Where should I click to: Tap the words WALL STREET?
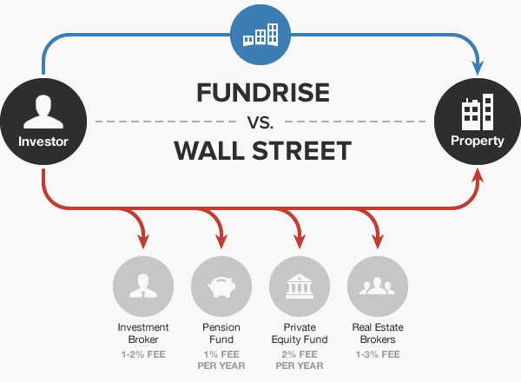[261, 151]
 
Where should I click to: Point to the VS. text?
[260, 122]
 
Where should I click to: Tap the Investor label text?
[43, 141]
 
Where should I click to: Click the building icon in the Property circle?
[477, 113]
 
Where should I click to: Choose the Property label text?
[477, 141]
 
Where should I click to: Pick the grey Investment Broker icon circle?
[142, 286]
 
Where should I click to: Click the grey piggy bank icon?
[221, 286]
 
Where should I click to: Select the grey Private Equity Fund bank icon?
[299, 286]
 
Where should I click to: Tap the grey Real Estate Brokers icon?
[378, 286]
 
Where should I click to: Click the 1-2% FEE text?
[142, 355]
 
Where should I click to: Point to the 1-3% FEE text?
[378, 355]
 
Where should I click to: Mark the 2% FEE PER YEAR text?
[299, 360]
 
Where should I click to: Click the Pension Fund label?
[221, 333]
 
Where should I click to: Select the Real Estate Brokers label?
[378, 333]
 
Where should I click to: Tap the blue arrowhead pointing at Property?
[477, 67]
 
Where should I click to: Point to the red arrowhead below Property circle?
[477, 179]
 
